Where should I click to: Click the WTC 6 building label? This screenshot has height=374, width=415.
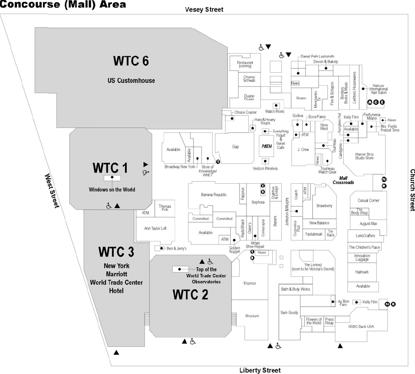(130, 61)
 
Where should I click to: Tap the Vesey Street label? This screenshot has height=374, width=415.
(204, 9)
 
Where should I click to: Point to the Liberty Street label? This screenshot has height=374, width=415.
(260, 370)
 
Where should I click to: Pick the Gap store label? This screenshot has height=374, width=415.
(235, 146)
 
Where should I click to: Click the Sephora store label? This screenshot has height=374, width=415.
(258, 202)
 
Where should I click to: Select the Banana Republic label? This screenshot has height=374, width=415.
(214, 194)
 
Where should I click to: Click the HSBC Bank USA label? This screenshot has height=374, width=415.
(361, 327)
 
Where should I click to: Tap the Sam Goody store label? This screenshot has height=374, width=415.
(290, 312)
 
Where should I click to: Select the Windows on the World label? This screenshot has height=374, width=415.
(112, 189)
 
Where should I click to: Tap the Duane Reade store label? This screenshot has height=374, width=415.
(249, 97)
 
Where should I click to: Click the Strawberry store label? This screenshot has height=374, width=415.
(324, 205)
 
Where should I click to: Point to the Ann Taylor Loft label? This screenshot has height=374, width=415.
(155, 228)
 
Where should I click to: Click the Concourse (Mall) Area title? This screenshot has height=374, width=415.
(63, 5)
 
